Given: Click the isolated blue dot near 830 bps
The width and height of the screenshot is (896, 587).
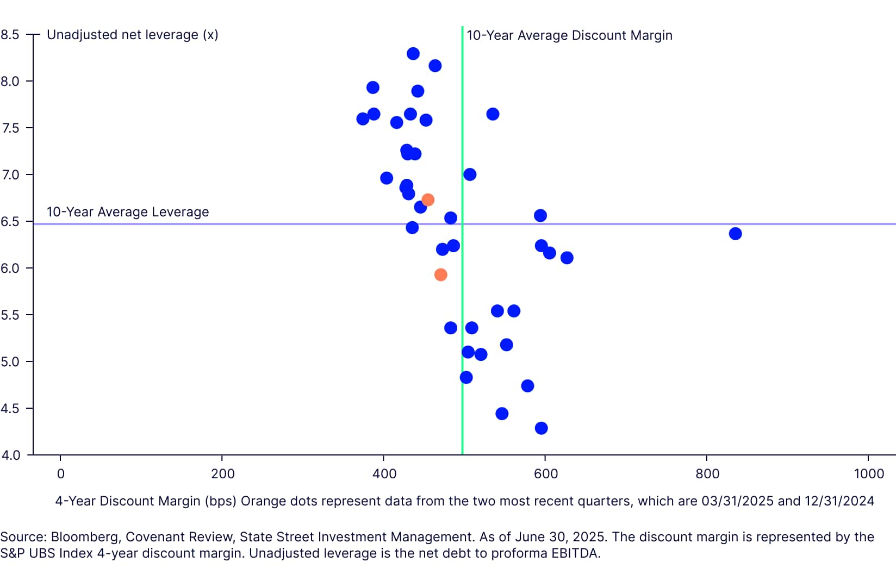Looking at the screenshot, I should coord(735,234).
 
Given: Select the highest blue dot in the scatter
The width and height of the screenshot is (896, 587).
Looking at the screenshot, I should coord(413,54).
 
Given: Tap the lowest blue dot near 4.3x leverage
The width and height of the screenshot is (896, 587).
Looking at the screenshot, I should coord(541,428).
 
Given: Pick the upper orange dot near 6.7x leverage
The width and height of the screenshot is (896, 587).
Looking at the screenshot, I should coord(428,200).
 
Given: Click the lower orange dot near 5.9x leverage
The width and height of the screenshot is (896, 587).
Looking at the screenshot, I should coord(441,275).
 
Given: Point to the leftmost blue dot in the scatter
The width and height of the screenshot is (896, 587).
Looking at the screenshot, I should coord(363,119).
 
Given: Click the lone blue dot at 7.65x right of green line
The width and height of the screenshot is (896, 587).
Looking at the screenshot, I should coord(493,114).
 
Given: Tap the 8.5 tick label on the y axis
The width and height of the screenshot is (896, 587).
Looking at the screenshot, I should coord(10,35).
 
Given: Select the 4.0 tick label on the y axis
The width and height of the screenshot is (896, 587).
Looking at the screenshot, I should coord(10,455).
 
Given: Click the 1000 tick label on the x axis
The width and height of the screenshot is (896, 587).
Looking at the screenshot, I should coord(869,474).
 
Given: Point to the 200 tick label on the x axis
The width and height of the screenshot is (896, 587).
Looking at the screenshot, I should coord(222,474).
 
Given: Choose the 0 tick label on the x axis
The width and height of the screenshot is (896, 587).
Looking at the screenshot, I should coord(61,474).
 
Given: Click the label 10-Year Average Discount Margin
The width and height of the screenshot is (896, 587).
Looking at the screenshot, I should coord(569,35).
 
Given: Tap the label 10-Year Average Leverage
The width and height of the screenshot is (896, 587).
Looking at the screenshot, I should coord(128,212).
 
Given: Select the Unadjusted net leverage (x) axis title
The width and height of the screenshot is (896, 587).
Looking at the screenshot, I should coord(133,35).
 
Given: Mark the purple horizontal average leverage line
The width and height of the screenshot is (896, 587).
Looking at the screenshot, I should coord(652,224).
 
